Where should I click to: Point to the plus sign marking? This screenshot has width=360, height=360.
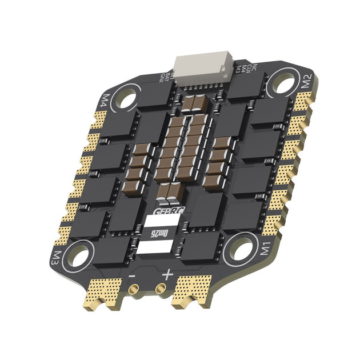pos(168,275)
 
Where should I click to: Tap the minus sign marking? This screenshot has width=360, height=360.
pos(132,275)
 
